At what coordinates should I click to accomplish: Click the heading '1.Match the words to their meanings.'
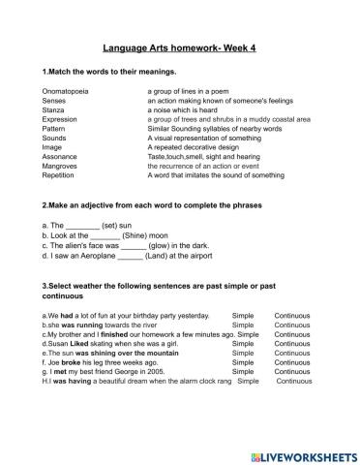tap(108, 72)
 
